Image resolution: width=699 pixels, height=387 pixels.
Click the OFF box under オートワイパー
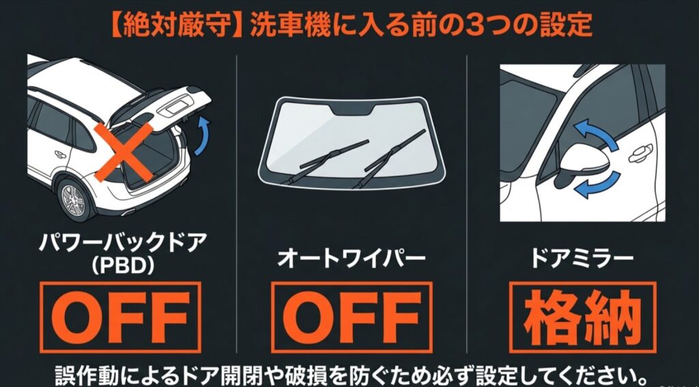click(352, 316)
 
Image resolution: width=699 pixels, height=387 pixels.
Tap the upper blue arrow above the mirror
click(594, 132)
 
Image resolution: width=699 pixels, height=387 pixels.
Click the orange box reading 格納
click(583, 316)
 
